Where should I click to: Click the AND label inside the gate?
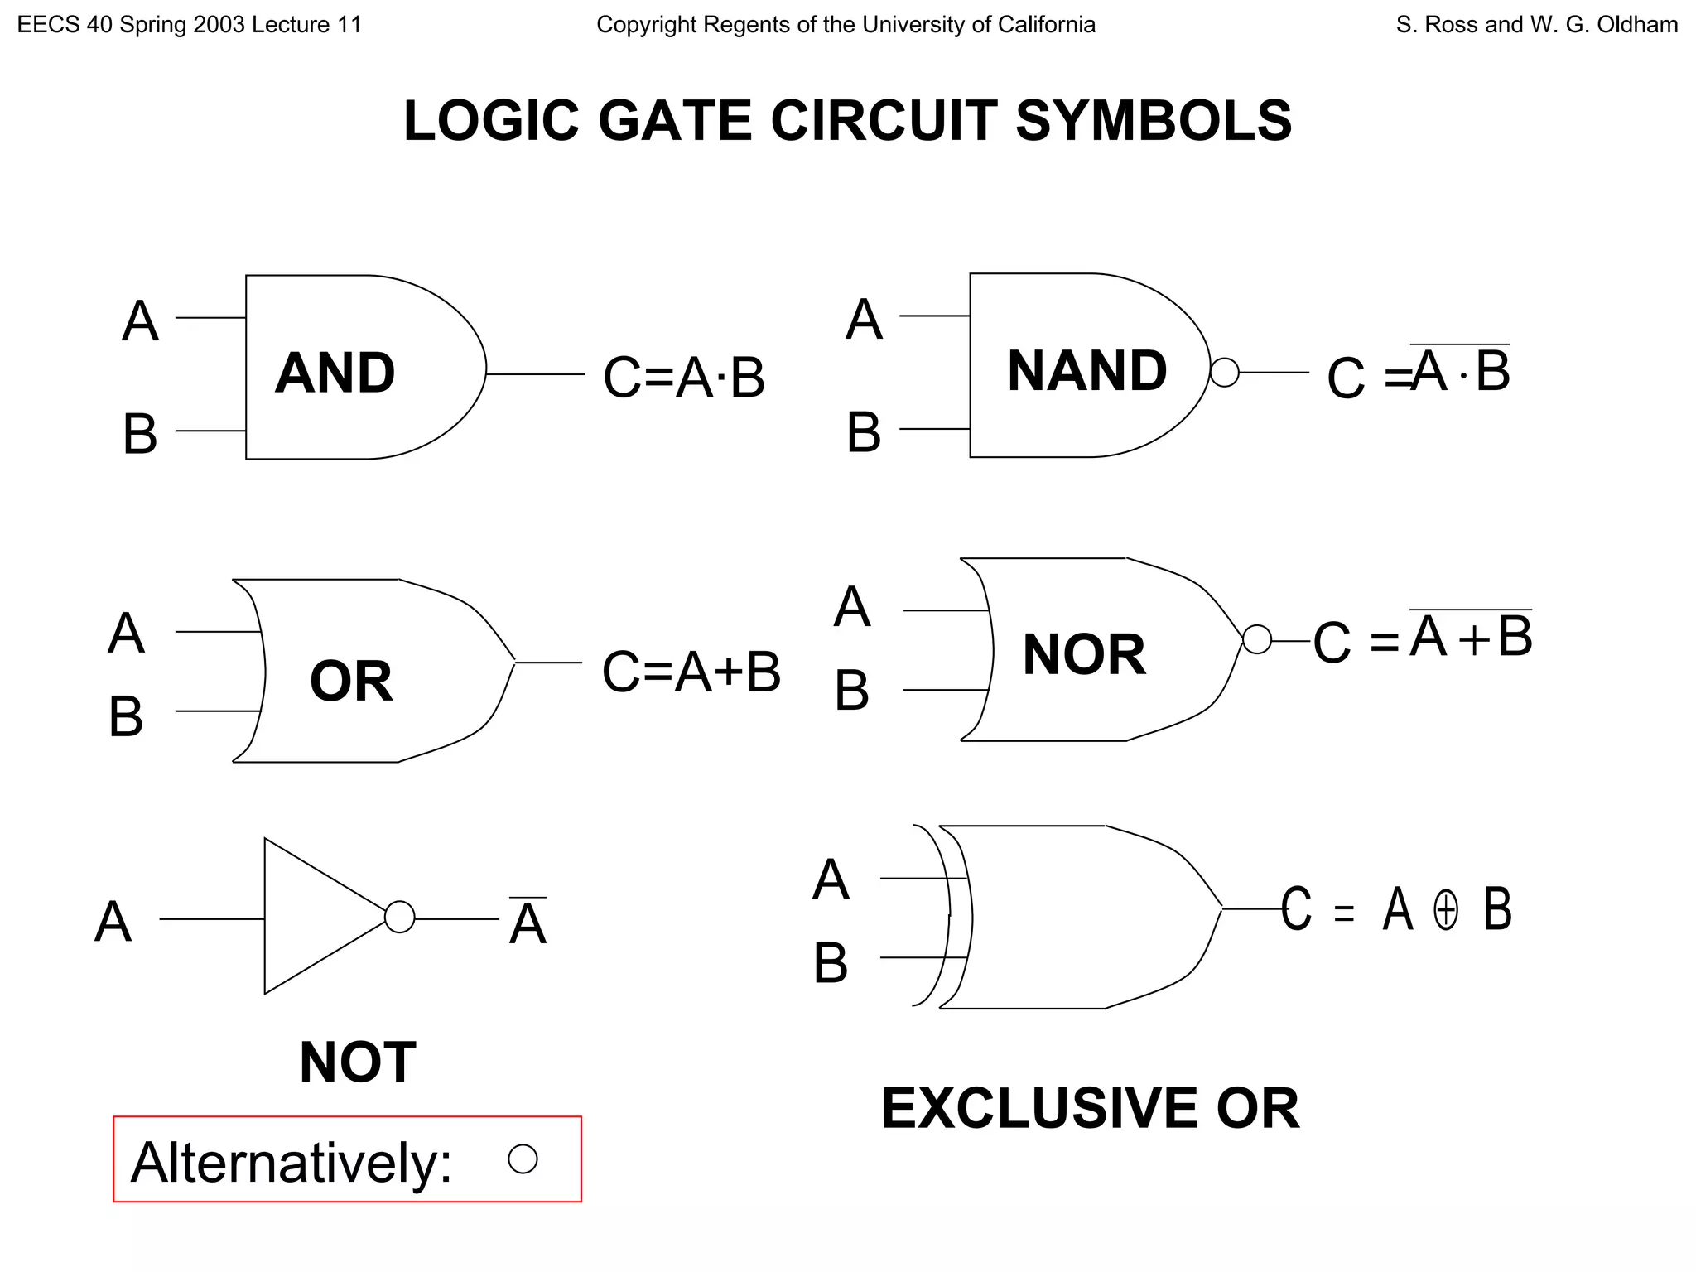pyautogui.click(x=335, y=373)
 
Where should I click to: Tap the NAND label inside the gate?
pyautogui.click(x=1086, y=370)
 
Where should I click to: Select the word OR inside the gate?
pyautogui.click(x=351, y=681)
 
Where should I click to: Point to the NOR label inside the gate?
pyautogui.click(x=1084, y=654)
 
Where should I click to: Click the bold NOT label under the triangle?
pyautogui.click(x=358, y=1062)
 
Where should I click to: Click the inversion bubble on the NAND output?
pyautogui.click(x=1225, y=373)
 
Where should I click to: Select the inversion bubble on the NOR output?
pyautogui.click(x=1257, y=639)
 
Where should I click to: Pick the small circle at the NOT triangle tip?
pyautogui.click(x=400, y=917)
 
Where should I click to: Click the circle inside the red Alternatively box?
pyautogui.click(x=523, y=1159)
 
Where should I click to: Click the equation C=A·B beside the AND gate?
pyautogui.click(x=684, y=377)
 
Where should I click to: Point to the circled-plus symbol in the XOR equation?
pyautogui.click(x=1446, y=910)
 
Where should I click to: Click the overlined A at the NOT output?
pyautogui.click(x=528, y=923)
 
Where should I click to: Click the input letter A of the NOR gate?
pyautogui.click(x=852, y=607)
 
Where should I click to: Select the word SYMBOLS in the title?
pyautogui.click(x=1153, y=121)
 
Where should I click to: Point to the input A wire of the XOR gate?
pyautogui.click(x=915, y=878)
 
